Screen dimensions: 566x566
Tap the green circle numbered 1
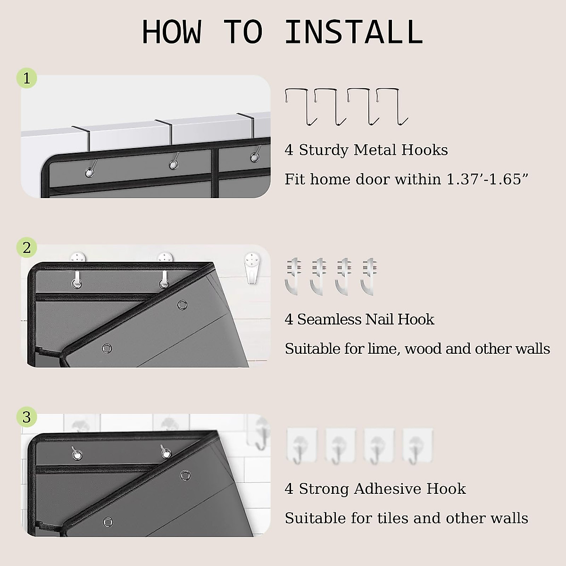(x=27, y=78)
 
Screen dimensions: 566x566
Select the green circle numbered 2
(x=27, y=248)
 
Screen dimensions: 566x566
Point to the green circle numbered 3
(x=27, y=417)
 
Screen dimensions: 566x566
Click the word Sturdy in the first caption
(x=324, y=150)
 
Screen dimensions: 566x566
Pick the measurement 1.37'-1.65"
(x=487, y=179)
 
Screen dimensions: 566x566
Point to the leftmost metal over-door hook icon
(x=301, y=106)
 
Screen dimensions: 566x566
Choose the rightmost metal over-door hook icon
(x=392, y=106)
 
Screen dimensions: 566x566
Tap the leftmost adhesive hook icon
(x=302, y=446)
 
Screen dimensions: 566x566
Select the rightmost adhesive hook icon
(x=418, y=446)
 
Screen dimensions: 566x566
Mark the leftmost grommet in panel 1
(x=89, y=173)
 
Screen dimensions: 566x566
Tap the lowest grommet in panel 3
(x=108, y=522)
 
